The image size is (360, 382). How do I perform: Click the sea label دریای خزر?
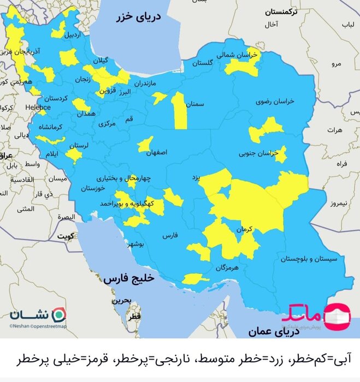pyautogui.click(x=139, y=18)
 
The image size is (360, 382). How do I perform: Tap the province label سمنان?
pyautogui.click(x=194, y=103)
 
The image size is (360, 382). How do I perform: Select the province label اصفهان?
pyautogui.click(x=157, y=153)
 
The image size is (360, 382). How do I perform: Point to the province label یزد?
pyautogui.click(x=197, y=178)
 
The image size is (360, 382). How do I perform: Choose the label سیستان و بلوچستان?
pyautogui.click(x=310, y=259)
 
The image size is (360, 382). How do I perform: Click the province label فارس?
pyautogui.click(x=170, y=236)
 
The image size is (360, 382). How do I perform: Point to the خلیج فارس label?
pyautogui.click(x=129, y=278)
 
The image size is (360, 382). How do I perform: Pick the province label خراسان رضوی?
pyautogui.click(x=276, y=102)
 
